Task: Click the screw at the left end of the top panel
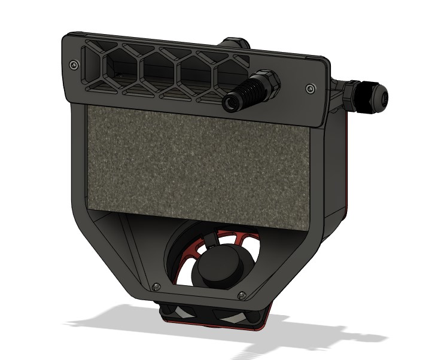pos(73,64)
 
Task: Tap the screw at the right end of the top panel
pos(309,89)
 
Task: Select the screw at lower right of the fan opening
pos(242,295)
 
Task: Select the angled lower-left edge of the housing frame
pos(114,245)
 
